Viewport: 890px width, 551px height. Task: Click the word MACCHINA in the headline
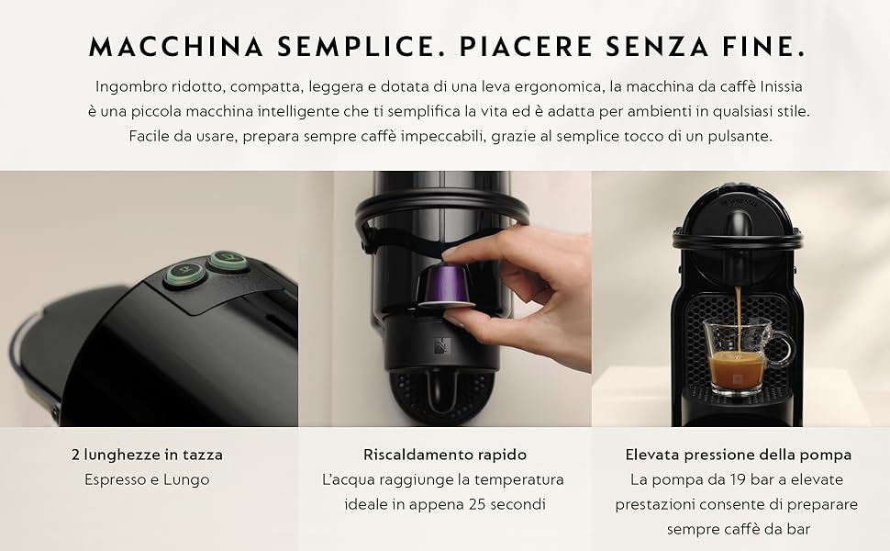[176, 47]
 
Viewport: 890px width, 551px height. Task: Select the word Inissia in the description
[781, 87]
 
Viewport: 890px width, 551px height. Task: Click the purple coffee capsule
[446, 287]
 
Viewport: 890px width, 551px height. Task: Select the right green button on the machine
[228, 261]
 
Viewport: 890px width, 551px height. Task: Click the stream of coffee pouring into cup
[739, 320]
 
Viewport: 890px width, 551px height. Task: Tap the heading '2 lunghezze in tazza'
[148, 455]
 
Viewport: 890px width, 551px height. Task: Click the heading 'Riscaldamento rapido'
[445, 455]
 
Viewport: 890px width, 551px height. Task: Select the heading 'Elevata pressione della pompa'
[739, 455]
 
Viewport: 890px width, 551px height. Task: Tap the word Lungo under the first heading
[186, 480]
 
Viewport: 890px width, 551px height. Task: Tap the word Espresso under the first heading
[115, 480]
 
